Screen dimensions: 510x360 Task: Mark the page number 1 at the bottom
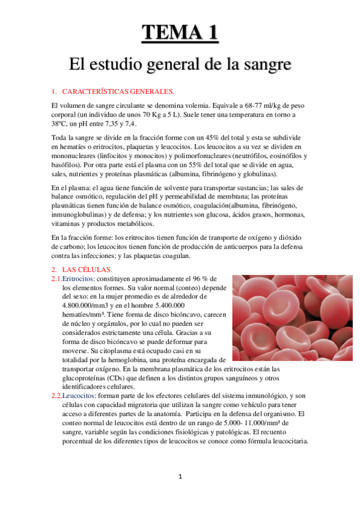(180, 476)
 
